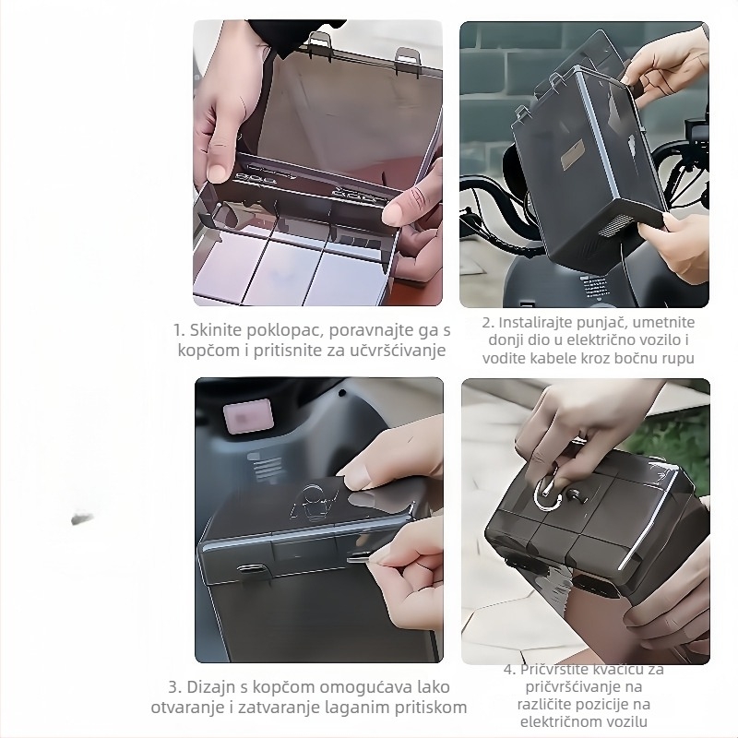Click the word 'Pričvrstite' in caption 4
560,670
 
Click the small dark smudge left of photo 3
82,519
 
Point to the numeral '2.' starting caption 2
488,323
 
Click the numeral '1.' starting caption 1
180,329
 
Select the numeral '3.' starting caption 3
174,687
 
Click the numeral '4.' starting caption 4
510,670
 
